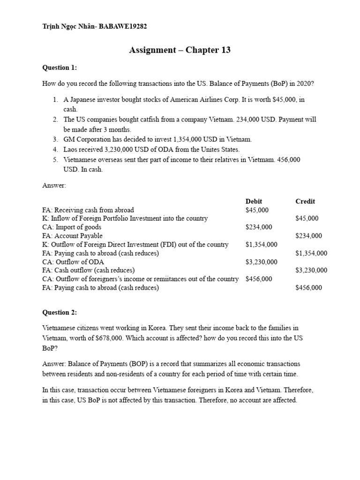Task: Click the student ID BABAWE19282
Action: (123, 27)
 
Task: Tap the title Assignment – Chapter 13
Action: (180, 50)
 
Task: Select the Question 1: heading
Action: (60, 67)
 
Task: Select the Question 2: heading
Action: (60, 312)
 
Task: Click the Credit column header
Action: (305, 201)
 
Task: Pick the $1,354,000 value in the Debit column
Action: (261, 244)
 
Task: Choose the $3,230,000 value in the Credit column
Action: (311, 270)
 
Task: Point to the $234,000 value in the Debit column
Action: (258, 227)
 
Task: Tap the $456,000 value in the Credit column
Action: (308, 287)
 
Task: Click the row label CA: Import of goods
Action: (72, 227)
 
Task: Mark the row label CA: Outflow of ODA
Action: (73, 262)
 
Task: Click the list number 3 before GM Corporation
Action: (54, 139)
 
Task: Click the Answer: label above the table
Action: (54, 185)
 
